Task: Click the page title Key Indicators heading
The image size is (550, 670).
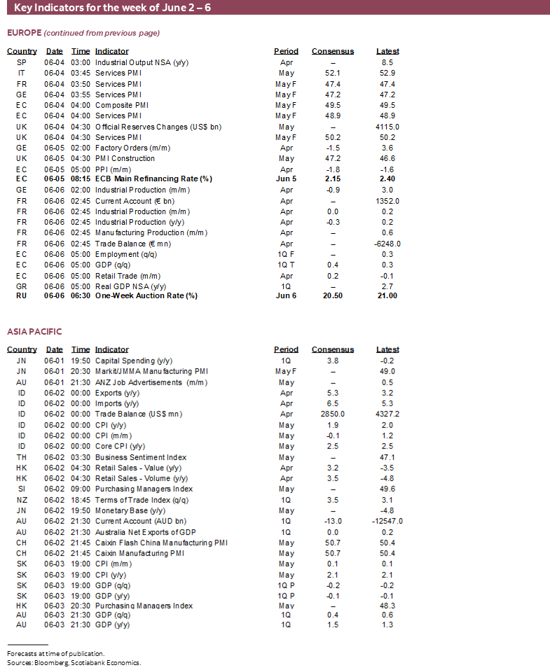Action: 111,7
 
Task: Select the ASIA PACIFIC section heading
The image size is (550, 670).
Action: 34,331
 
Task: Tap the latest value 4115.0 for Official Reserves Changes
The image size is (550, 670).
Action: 387,127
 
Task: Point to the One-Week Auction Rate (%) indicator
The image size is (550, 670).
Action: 146,296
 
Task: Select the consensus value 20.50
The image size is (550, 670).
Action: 332,296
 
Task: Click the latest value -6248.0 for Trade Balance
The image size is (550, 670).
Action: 387,244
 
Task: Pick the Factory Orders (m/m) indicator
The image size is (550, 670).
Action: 132,148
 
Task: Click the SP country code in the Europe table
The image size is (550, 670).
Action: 22,62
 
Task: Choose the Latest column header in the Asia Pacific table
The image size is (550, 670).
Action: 387,349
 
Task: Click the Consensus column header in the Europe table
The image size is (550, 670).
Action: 333,51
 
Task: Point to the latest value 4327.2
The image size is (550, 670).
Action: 387,414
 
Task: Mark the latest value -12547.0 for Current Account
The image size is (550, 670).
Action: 387,521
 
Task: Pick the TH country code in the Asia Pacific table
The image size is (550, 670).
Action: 22,457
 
